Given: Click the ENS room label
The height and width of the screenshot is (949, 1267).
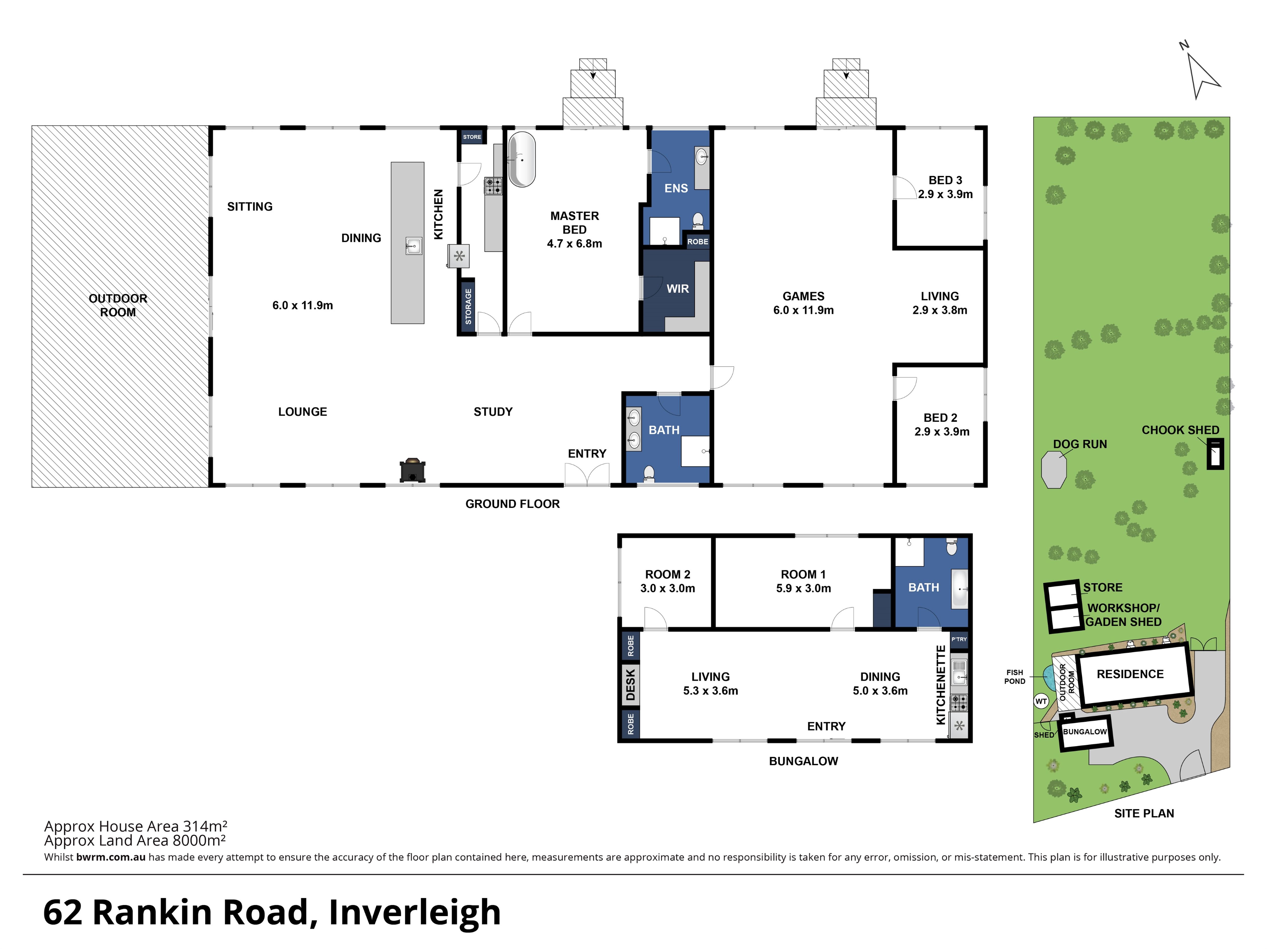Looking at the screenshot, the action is pos(676,188).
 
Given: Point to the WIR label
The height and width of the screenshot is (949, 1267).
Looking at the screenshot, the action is pos(678,289).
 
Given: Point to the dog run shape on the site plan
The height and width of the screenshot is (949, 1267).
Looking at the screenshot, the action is pos(1054,470).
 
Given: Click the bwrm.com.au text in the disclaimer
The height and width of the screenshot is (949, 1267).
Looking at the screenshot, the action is pos(111,857).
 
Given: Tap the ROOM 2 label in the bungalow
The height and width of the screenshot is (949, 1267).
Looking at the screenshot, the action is pos(668,575).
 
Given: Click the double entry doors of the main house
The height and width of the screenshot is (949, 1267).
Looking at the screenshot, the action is pos(587,475).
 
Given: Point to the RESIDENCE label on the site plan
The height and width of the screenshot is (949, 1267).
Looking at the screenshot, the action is pos(1130,674).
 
